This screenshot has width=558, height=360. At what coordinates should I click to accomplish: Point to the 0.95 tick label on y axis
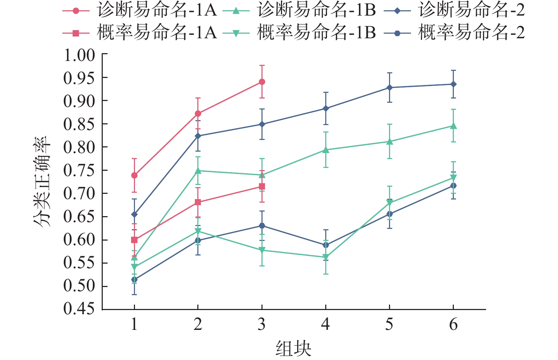(x=79, y=78)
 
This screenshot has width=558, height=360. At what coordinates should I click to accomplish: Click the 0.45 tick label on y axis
(x=79, y=309)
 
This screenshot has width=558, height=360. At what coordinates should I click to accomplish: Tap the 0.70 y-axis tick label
(x=79, y=193)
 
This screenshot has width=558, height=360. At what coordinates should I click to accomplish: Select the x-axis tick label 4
(x=325, y=324)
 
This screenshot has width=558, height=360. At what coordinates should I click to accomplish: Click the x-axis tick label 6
(x=453, y=324)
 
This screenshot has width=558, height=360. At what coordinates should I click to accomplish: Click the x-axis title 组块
(x=293, y=348)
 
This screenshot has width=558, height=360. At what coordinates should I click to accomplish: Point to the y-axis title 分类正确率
(x=43, y=181)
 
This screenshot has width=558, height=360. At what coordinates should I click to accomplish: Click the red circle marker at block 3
(x=262, y=82)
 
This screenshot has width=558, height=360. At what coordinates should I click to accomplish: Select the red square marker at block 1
(x=134, y=240)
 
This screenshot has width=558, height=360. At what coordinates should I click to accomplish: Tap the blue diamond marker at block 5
(x=389, y=88)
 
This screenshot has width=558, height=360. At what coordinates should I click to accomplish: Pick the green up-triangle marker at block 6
(x=453, y=126)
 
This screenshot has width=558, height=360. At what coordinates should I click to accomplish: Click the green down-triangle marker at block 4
(x=326, y=258)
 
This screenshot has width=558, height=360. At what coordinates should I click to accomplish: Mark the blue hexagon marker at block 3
(x=262, y=226)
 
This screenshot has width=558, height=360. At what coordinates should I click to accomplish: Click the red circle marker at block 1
(x=134, y=175)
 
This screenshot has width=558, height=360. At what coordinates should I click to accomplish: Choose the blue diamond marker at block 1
(x=134, y=214)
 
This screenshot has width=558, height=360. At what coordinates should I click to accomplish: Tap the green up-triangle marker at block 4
(x=326, y=150)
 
